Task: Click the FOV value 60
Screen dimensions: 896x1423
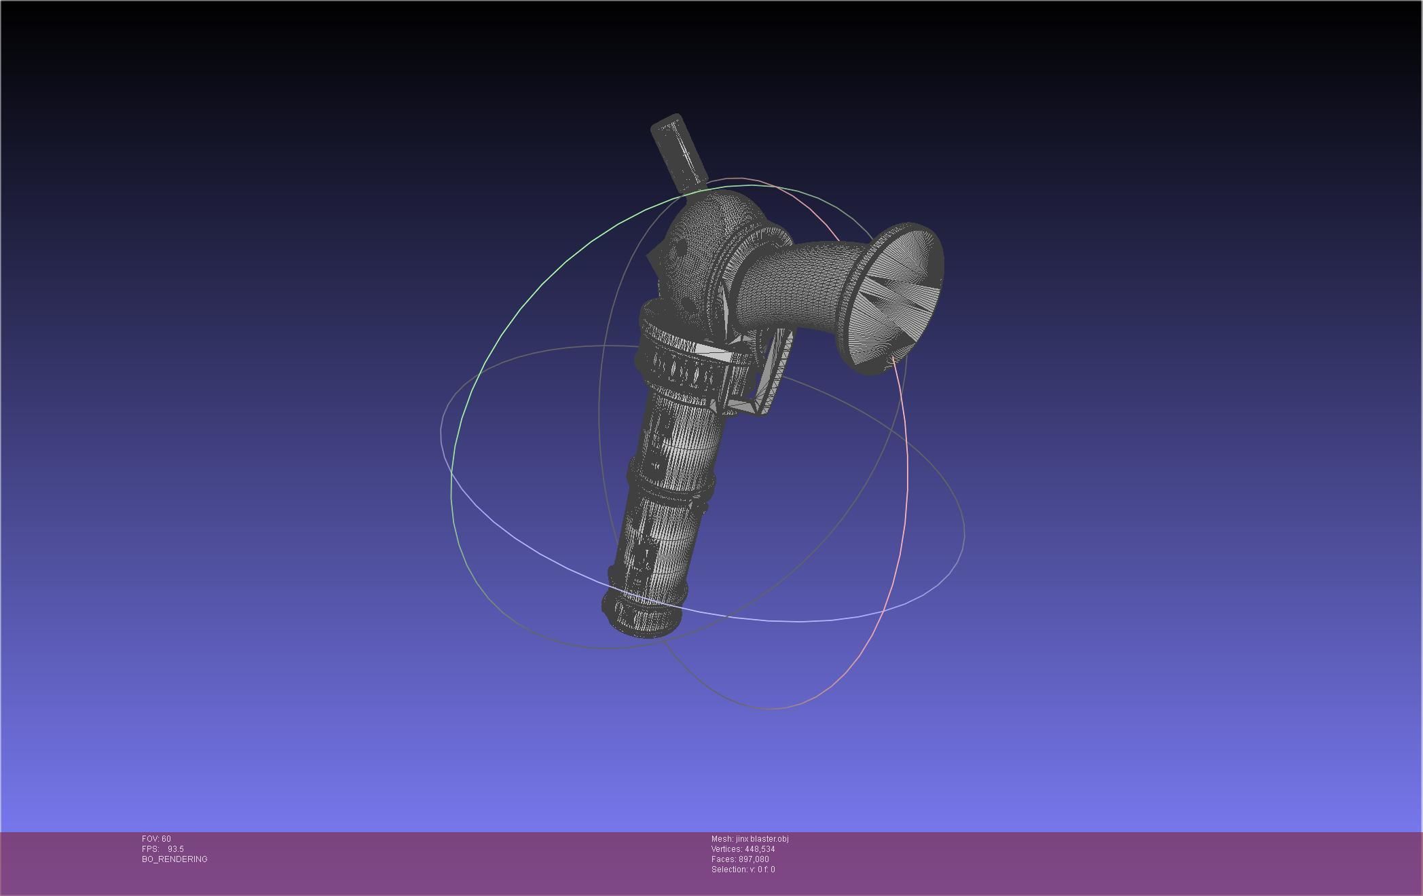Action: point(166,839)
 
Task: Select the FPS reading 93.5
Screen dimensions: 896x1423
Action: point(175,849)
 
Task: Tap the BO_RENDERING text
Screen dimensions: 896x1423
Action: point(174,859)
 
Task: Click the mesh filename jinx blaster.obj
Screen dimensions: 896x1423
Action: point(762,839)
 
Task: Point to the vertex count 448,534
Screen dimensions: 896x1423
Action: point(760,849)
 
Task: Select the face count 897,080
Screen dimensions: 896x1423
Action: point(754,859)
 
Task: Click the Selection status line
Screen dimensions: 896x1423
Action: point(743,870)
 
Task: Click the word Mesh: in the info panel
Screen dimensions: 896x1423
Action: point(722,839)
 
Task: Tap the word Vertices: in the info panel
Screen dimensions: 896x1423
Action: point(726,849)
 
